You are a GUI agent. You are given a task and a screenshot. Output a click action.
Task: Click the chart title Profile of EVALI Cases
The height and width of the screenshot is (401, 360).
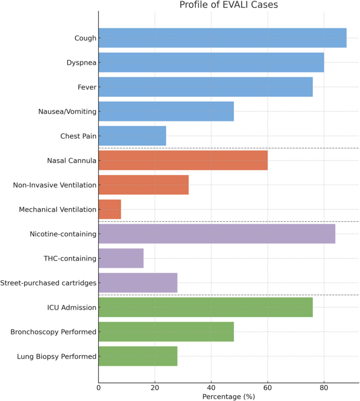click(228, 5)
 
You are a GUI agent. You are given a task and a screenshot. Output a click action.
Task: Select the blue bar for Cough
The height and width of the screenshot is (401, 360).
click(222, 38)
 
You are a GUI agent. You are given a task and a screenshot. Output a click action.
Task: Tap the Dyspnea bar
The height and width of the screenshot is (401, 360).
click(211, 63)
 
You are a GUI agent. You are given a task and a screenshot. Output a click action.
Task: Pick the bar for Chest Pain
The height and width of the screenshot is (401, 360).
click(132, 136)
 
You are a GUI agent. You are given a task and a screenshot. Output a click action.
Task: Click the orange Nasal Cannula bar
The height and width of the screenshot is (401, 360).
click(183, 160)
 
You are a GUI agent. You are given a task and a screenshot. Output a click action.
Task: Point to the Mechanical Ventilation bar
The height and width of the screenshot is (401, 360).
click(109, 209)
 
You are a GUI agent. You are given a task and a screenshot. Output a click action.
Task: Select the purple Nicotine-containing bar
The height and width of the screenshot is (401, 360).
click(217, 234)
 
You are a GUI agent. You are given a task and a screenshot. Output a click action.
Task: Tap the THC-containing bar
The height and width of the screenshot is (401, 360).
click(121, 258)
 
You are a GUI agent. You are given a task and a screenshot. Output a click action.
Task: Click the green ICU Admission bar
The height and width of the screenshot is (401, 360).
click(205, 307)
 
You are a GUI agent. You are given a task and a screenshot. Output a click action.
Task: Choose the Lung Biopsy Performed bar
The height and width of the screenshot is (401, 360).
click(138, 356)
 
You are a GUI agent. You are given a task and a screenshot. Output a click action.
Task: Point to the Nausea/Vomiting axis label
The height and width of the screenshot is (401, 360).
click(67, 111)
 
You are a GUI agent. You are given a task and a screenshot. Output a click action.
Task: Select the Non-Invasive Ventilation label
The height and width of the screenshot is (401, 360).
click(54, 185)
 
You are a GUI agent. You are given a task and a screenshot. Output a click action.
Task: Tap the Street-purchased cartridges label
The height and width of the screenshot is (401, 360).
click(48, 283)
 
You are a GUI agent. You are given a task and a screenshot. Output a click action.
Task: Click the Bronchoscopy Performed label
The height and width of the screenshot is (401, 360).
click(53, 332)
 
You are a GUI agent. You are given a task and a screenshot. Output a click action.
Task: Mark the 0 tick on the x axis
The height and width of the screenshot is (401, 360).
click(98, 388)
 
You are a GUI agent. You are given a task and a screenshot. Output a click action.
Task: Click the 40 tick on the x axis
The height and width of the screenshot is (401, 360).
click(211, 388)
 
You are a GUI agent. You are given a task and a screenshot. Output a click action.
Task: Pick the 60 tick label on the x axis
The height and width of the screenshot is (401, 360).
click(268, 388)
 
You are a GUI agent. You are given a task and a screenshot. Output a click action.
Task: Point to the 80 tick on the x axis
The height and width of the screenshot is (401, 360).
click(324, 388)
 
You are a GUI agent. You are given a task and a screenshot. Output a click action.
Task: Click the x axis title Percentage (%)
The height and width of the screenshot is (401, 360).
click(228, 397)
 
